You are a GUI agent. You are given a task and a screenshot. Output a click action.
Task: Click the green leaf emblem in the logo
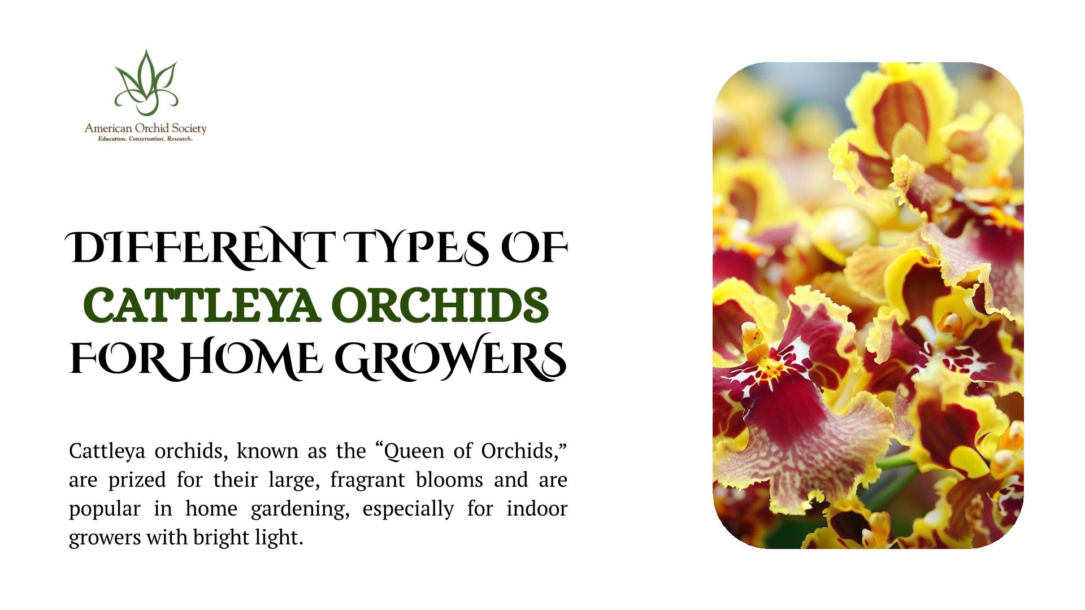146,82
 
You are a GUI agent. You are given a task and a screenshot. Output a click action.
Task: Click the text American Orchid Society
146,128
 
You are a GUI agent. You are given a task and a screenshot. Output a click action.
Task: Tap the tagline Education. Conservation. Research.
145,139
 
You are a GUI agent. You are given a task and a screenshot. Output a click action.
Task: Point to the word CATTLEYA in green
202,305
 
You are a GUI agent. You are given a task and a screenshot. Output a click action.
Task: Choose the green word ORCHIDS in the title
443,305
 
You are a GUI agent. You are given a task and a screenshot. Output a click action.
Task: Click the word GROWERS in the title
451,358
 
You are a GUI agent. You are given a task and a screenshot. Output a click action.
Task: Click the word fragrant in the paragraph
367,480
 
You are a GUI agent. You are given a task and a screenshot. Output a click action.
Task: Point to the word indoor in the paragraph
537,508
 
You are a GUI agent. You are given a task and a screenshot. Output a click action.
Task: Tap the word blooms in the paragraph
449,480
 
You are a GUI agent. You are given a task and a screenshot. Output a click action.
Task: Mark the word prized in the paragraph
137,481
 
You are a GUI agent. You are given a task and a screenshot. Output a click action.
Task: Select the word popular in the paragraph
105,509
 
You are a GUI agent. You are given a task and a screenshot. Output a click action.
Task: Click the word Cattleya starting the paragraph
107,451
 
